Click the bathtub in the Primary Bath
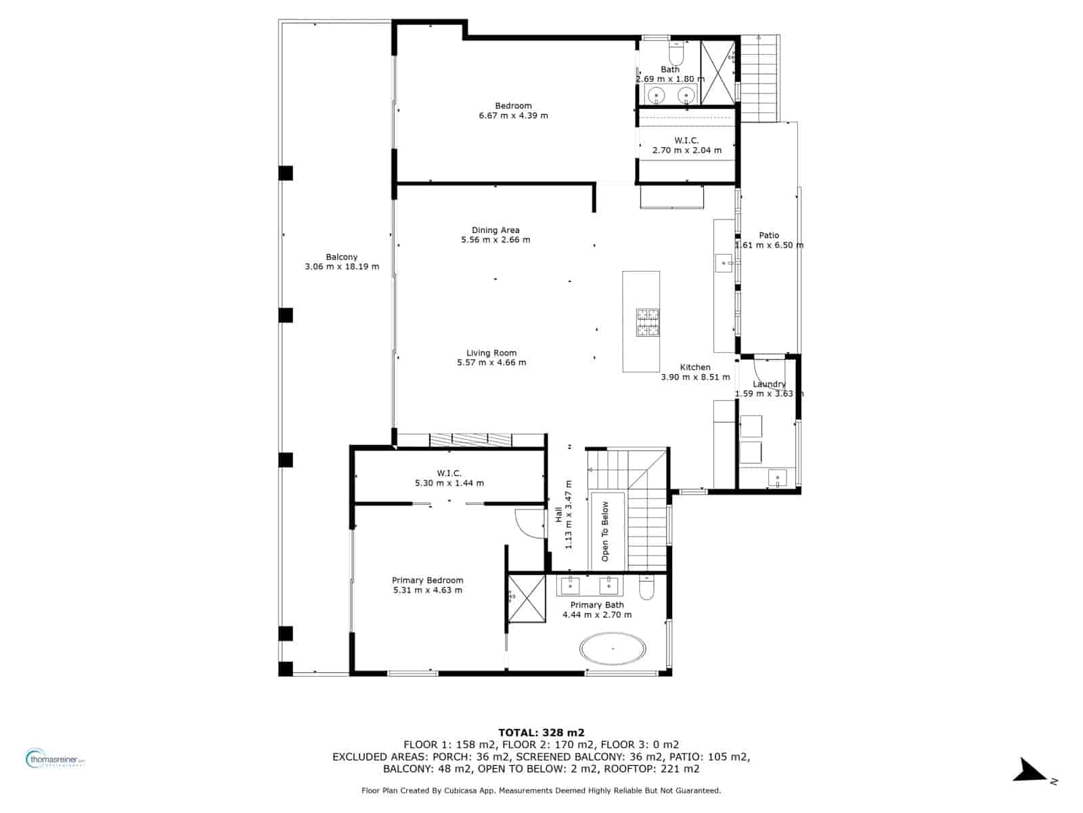point(613,648)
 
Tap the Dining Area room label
point(495,230)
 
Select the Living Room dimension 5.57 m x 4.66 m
point(491,362)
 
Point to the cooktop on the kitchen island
point(647,322)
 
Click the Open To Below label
point(605,531)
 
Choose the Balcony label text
point(342,257)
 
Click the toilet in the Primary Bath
point(646,587)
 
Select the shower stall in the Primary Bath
point(526,598)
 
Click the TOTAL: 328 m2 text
point(541,732)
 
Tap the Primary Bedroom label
point(428,580)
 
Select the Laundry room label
point(770,384)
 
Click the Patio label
point(769,235)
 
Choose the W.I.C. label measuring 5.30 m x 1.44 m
point(449,473)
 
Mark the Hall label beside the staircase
point(558,515)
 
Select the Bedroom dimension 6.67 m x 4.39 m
point(513,116)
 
